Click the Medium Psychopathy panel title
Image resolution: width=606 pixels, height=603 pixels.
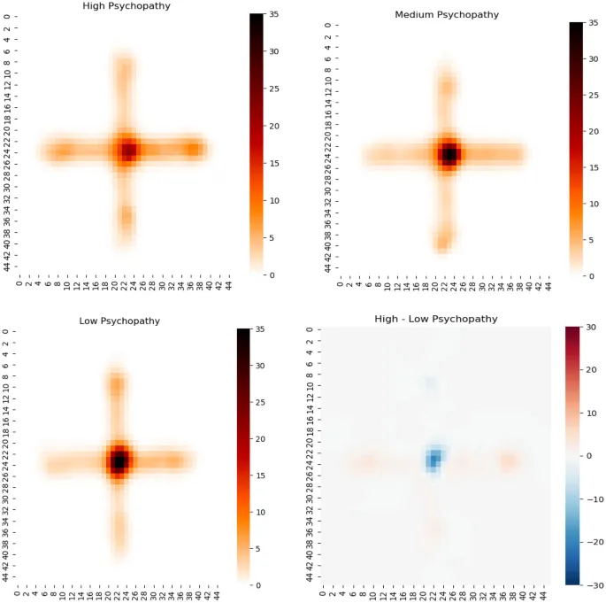click(447, 14)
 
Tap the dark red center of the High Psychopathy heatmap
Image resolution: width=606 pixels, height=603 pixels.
click(129, 151)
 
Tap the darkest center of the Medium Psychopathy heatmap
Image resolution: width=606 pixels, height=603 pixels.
click(449, 155)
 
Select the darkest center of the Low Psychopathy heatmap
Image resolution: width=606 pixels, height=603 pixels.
click(119, 460)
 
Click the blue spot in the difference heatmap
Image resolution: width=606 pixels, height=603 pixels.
click(433, 459)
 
